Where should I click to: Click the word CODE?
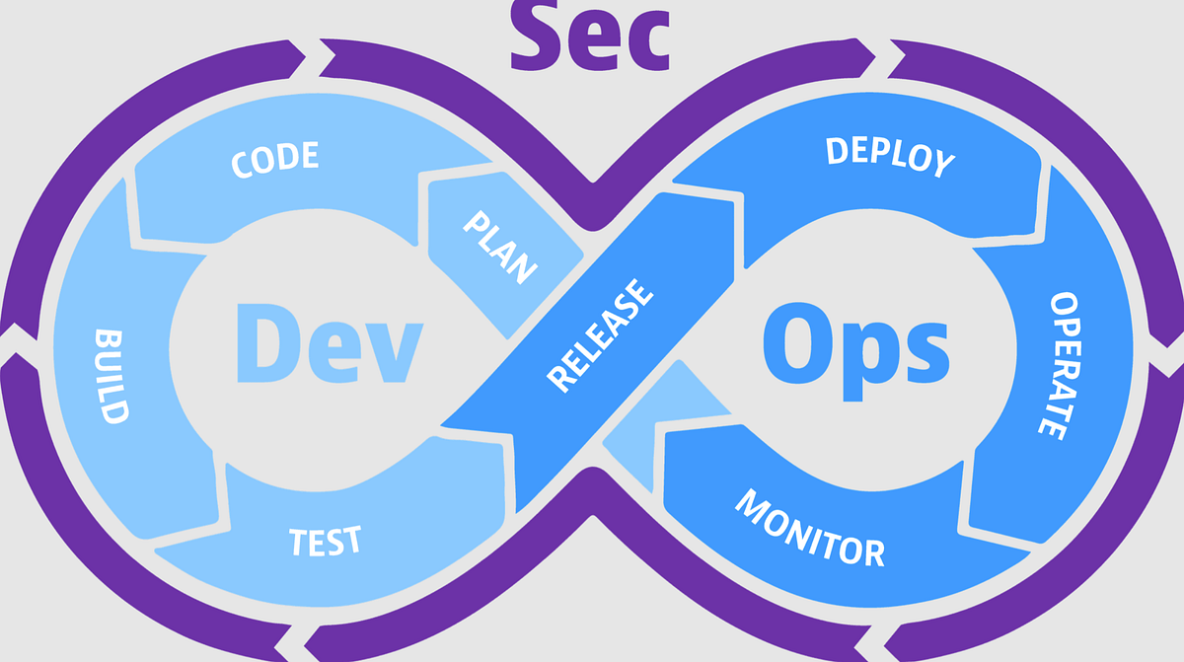[x=275, y=161]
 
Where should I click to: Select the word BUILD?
[x=111, y=374]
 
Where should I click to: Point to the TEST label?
[x=325, y=541]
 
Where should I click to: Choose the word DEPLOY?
[x=890, y=157]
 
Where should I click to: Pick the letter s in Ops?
[x=923, y=350]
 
